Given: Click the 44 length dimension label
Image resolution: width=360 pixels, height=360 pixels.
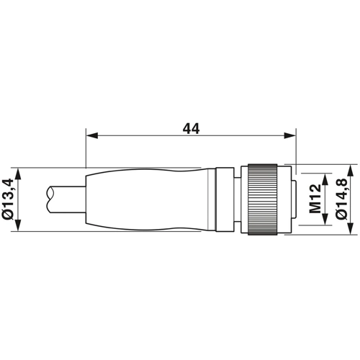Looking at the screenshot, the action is (x=191, y=129).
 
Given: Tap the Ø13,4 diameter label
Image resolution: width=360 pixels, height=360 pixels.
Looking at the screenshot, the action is (x=7, y=199).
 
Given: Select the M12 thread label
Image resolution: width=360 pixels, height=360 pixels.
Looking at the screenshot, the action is (x=315, y=199).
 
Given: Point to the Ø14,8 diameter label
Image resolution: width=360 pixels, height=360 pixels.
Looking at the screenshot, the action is (x=341, y=199).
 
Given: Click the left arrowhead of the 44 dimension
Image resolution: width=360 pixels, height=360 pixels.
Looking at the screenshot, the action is (x=92, y=135).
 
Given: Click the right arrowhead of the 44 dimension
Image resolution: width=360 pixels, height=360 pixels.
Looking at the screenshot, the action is (x=290, y=135).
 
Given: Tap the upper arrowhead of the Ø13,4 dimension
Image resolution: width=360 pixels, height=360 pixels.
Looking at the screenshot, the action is (x=19, y=174).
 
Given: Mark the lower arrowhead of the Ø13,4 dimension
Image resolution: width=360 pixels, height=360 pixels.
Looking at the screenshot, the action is (x=19, y=225).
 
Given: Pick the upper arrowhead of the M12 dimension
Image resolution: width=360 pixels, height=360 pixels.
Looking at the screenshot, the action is (x=325, y=179).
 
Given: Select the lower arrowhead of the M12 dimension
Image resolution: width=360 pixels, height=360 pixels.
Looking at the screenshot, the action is (x=325, y=219).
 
